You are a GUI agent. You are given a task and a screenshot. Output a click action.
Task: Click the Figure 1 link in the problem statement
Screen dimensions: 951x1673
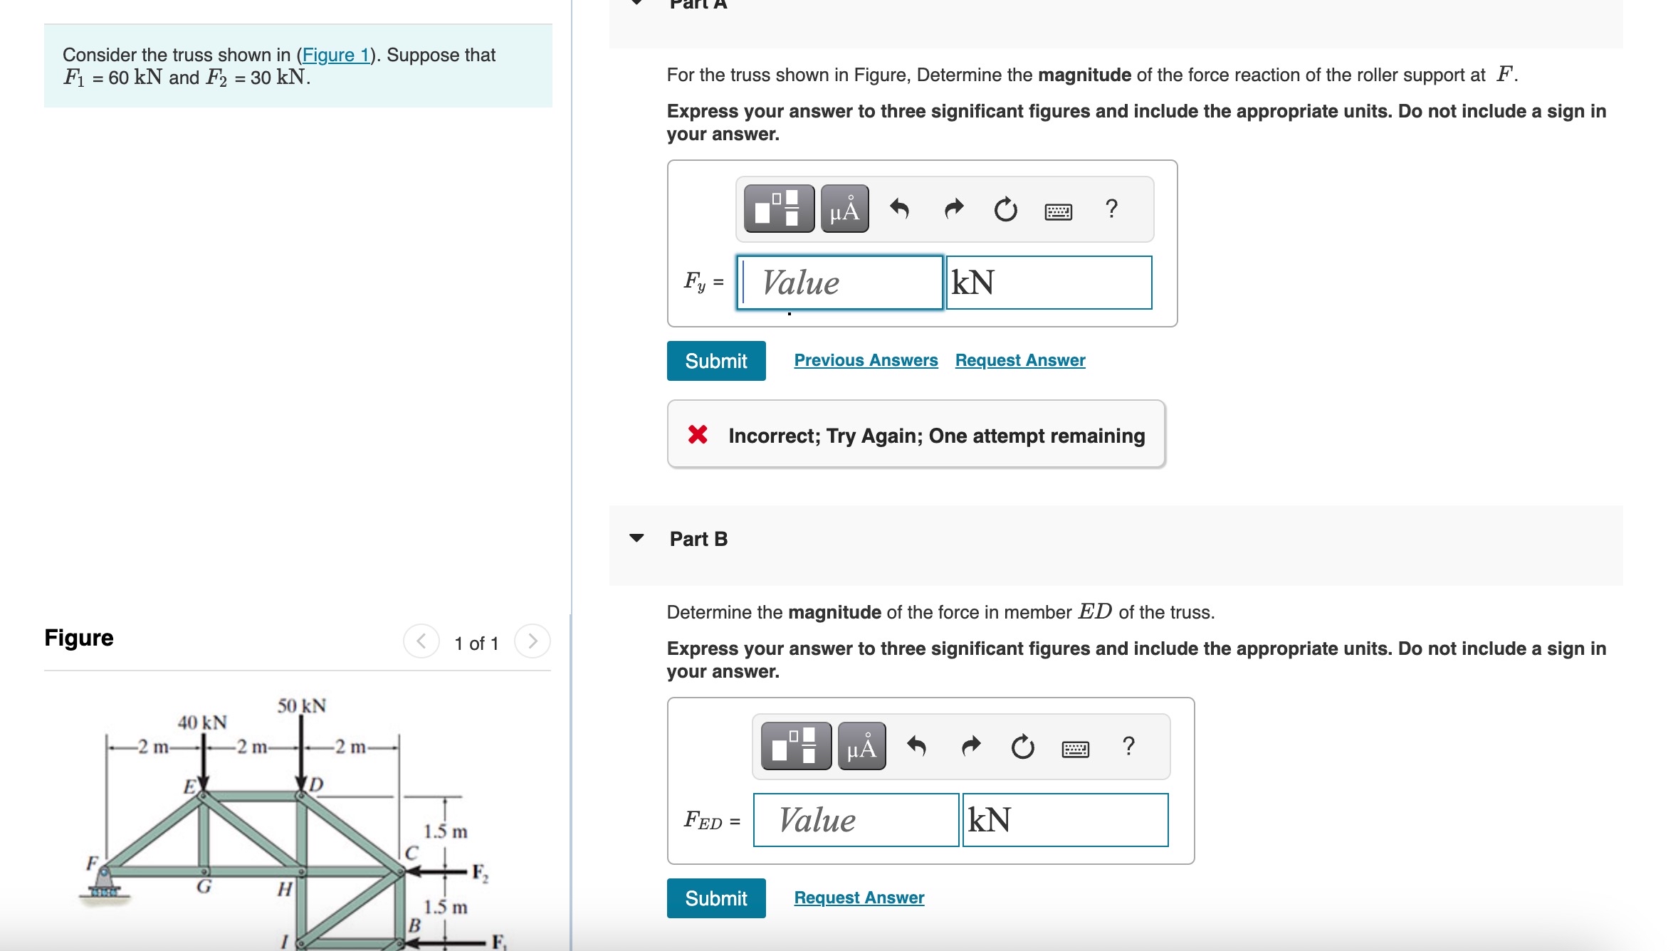tap(335, 55)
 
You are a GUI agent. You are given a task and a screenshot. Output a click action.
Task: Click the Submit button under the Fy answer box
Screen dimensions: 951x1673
tap(715, 361)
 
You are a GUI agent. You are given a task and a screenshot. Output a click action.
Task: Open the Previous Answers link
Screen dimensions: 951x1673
tap(866, 360)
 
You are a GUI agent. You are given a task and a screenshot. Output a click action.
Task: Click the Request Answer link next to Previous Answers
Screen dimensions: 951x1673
tap(1019, 360)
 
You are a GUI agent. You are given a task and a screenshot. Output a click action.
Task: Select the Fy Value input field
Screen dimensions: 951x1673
tap(840, 283)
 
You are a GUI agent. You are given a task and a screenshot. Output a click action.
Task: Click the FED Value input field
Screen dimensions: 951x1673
tap(856, 820)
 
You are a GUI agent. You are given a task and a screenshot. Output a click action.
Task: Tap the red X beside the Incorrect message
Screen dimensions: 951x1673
tap(698, 434)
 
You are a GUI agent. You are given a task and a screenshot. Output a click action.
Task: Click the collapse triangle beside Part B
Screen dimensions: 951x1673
tap(636, 538)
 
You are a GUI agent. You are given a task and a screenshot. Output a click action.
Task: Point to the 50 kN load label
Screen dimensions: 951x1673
tap(302, 705)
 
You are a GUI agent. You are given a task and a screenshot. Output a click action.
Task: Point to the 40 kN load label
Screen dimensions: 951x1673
tap(202, 723)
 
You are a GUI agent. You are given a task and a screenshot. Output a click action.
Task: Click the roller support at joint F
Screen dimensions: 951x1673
tap(105, 886)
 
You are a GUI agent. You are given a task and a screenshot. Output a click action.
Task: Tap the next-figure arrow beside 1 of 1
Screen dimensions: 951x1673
tap(532, 641)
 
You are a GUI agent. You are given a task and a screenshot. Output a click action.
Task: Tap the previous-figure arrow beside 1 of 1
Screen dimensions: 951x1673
tap(421, 641)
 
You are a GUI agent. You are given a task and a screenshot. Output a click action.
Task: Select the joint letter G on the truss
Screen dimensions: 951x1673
tap(204, 887)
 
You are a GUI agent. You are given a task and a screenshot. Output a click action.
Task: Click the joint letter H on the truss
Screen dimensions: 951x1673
tap(285, 889)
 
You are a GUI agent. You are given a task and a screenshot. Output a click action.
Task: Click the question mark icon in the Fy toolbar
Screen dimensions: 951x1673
tap(1111, 209)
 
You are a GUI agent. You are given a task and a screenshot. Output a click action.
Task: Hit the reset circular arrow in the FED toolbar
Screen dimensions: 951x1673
tap(1022, 747)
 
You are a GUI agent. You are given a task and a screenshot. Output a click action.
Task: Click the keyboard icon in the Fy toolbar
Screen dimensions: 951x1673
tap(1058, 211)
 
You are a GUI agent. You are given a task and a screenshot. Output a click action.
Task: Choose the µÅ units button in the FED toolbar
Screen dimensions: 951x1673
tap(861, 747)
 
